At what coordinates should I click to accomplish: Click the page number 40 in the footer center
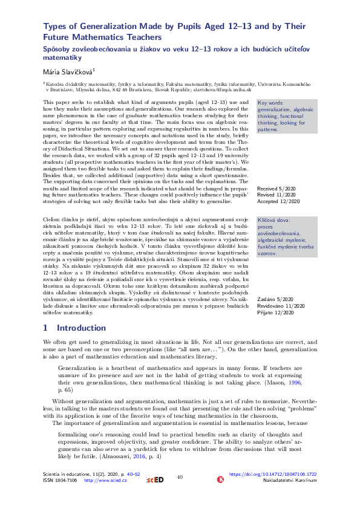pos(180,477)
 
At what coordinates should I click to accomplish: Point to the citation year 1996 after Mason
pos(295,383)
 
